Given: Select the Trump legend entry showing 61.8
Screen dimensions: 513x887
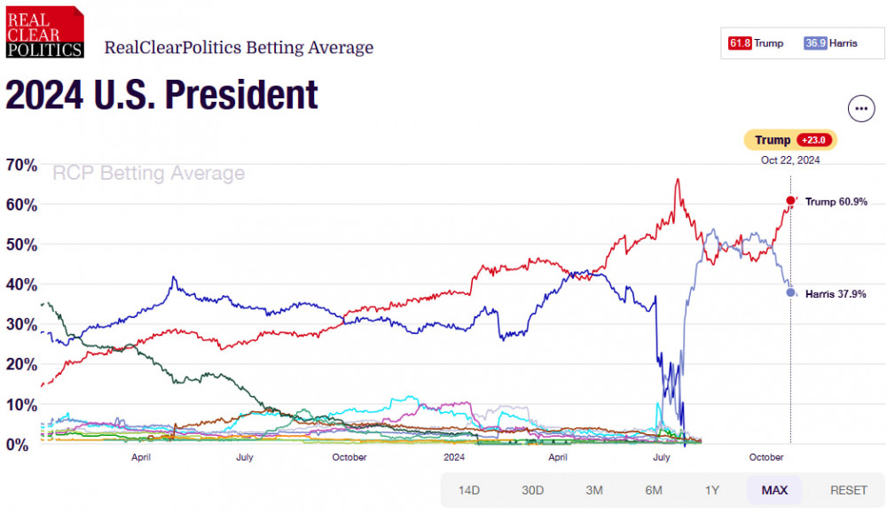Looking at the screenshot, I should (x=757, y=43).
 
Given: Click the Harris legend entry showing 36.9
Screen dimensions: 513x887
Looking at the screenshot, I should (x=831, y=43).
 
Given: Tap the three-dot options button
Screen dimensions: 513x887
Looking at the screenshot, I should (x=861, y=108).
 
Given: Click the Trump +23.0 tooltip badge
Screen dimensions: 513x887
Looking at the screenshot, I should (x=789, y=140).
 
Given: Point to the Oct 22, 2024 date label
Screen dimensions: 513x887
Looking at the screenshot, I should (x=789, y=160).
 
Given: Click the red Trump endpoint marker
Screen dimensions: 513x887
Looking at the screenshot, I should (x=790, y=200).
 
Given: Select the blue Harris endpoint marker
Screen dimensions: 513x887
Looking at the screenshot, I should (x=790, y=292).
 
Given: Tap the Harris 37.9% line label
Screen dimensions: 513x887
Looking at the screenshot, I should (x=835, y=294).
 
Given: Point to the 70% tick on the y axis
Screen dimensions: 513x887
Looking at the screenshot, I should (x=21, y=165).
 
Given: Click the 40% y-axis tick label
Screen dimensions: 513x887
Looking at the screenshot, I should (x=21, y=284).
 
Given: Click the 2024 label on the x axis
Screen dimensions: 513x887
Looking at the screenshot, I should (x=454, y=457).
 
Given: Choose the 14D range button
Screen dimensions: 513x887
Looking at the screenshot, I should (x=469, y=490).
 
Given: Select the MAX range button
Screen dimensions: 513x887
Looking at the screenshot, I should (x=774, y=490).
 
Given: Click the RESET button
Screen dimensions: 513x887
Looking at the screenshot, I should (x=848, y=490).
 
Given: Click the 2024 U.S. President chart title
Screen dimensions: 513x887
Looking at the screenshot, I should (x=162, y=95).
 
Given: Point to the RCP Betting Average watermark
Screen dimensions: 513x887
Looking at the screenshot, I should (x=149, y=173).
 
